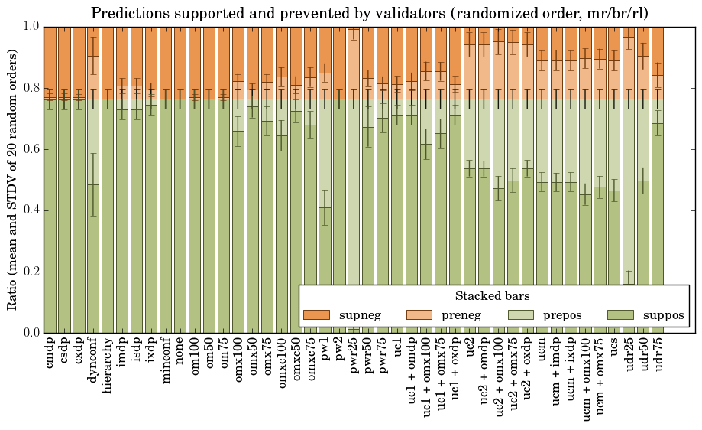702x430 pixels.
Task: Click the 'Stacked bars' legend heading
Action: [x=493, y=295]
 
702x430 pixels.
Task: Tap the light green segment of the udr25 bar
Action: [x=630, y=191]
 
